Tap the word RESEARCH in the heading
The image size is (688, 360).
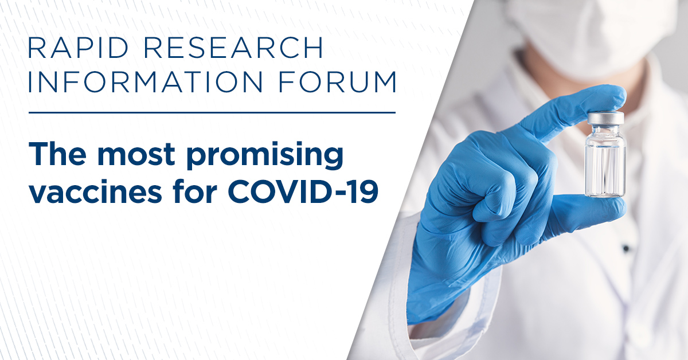pyautogui.click(x=234, y=48)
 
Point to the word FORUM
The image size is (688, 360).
pyautogui.click(x=337, y=82)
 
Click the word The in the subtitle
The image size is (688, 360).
pyautogui.click(x=57, y=154)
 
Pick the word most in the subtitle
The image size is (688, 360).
pyautogui.click(x=136, y=155)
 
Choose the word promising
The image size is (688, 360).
pyautogui.click(x=265, y=156)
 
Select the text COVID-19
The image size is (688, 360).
pyautogui.click(x=303, y=191)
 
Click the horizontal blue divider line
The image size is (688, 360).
pyautogui.click(x=212, y=113)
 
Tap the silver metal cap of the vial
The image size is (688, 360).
pyautogui.click(x=605, y=118)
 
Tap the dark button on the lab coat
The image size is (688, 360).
pyautogui.click(x=626, y=248)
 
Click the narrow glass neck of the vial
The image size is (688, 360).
pyautogui.click(x=605, y=130)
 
